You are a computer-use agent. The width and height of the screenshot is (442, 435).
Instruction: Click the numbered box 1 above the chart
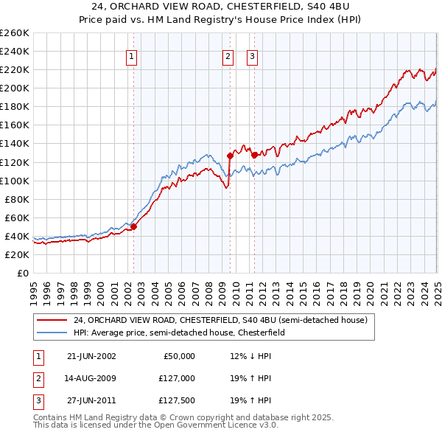[131, 56]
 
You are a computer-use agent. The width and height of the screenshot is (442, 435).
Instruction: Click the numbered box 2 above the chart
[228, 56]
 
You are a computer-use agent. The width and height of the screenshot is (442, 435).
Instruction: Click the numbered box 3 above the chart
[252, 56]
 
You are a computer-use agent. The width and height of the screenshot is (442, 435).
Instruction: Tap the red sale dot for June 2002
[134, 226]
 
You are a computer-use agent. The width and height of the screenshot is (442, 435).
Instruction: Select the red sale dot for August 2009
[230, 156]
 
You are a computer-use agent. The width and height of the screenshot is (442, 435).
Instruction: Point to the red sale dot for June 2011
[254, 155]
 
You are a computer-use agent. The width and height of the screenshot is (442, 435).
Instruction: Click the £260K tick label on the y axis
[15, 33]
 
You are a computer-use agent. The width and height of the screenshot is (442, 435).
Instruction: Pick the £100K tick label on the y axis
[15, 181]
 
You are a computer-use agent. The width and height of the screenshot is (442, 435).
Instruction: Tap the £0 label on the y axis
[23, 273]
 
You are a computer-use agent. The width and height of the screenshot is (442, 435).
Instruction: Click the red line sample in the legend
[52, 320]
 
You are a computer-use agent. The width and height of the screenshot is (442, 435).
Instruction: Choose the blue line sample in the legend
[52, 333]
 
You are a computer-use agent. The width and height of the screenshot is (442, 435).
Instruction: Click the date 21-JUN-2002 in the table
[91, 356]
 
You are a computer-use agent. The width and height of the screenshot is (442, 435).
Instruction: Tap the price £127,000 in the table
[178, 379]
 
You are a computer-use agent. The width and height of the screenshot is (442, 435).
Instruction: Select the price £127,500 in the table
[178, 402]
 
